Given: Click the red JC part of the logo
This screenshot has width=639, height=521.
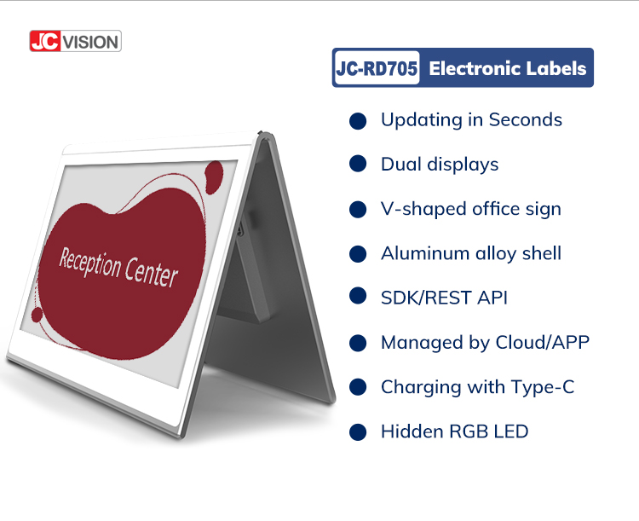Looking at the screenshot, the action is click(x=45, y=41).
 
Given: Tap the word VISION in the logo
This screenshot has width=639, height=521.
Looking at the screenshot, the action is click(x=91, y=42).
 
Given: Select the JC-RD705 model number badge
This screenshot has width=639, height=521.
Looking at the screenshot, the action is click(x=377, y=68).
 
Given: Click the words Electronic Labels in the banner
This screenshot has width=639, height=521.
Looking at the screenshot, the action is click(x=508, y=68).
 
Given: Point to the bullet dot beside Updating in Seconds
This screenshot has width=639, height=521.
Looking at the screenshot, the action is click(x=358, y=121).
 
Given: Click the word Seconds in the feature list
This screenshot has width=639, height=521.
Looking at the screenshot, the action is click(x=526, y=119).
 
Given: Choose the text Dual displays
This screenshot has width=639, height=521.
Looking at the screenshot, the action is click(x=440, y=165).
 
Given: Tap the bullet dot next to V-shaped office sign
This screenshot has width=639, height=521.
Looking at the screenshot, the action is click(x=358, y=209).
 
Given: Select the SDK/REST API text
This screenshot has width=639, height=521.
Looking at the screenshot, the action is click(x=444, y=298).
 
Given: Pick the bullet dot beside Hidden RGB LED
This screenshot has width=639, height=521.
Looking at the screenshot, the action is click(x=358, y=432).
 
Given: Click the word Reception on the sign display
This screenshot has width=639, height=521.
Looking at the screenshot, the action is click(x=90, y=263).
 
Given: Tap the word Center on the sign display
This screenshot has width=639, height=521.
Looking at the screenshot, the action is click(x=151, y=272).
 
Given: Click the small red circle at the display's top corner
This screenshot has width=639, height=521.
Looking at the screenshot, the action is click(x=214, y=177).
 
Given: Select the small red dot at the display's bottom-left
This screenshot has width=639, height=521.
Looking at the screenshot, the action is click(x=37, y=315).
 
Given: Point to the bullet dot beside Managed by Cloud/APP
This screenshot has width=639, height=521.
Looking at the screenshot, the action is click(x=358, y=343).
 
